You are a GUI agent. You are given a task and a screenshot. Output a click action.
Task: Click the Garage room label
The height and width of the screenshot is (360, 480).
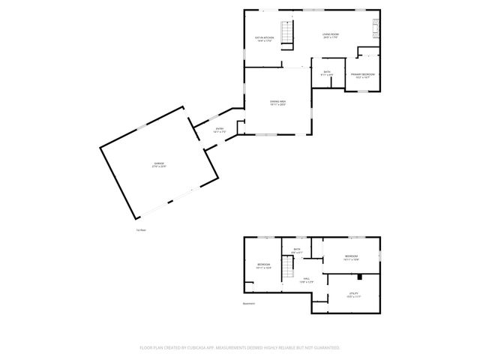click(159, 165)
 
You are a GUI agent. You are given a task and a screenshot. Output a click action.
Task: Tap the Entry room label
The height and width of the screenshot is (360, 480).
click(220, 130)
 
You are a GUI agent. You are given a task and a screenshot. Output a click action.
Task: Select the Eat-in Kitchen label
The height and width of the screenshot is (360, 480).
click(264, 38)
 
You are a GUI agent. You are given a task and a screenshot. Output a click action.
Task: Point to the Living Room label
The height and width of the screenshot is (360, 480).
click(330, 36)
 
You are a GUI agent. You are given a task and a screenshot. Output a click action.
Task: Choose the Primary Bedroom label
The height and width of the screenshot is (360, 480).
click(364, 76)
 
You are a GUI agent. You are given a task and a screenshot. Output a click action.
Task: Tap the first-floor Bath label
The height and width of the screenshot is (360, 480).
click(327, 73)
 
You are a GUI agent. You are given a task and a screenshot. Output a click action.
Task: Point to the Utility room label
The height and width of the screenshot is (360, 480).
click(353, 295)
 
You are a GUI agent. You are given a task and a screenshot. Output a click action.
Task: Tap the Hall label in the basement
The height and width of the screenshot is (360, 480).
click(307, 280)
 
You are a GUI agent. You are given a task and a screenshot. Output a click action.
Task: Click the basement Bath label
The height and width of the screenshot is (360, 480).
click(297, 250)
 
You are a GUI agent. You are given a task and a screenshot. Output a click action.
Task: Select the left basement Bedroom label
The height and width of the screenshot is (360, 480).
click(263, 265)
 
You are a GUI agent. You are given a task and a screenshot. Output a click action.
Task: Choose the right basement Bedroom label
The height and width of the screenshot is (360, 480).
click(351, 258)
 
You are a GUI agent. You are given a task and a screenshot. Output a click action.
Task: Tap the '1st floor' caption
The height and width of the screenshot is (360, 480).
click(141, 230)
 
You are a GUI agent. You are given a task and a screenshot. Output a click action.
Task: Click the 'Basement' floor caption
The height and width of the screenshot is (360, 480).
click(248, 303)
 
